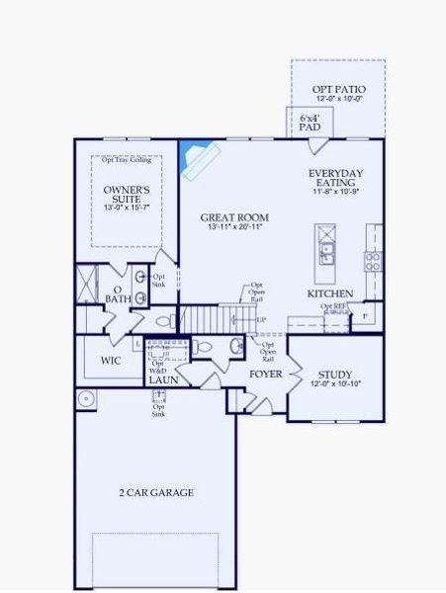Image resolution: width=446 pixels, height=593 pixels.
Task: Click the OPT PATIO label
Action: point(338,89)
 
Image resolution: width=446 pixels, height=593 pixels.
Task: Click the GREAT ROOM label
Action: point(234,217)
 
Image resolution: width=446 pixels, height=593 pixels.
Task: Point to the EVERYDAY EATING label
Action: point(336,178)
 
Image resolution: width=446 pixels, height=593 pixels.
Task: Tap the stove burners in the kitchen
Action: point(373,260)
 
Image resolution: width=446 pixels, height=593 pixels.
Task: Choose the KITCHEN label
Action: point(330,295)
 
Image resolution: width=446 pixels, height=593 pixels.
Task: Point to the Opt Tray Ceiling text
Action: point(127,161)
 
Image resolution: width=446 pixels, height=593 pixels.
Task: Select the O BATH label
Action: point(118,294)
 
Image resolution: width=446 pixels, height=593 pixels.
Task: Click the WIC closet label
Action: point(111,361)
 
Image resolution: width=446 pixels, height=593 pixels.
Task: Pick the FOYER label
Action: point(265,375)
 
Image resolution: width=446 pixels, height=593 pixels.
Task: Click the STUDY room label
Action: point(336,375)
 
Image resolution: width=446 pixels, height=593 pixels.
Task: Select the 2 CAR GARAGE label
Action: point(156,492)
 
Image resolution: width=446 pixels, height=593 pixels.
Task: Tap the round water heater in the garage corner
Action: point(86,399)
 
